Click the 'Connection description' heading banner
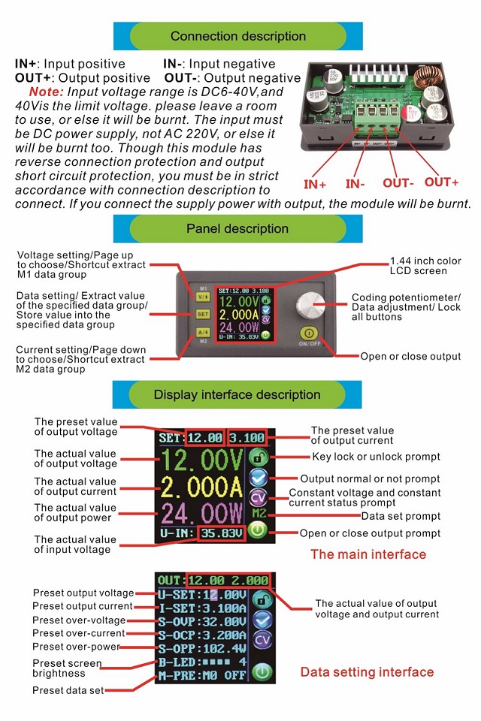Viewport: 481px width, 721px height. (238, 36)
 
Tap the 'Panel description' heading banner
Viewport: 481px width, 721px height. (237, 228)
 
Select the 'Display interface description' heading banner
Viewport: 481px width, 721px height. (237, 394)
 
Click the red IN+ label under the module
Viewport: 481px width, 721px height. (315, 184)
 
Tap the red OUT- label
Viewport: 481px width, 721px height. (398, 183)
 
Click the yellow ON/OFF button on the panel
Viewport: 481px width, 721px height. (307, 333)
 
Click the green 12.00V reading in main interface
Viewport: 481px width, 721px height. (201, 460)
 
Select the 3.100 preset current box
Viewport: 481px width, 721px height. (247, 438)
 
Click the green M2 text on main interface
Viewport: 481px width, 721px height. (259, 514)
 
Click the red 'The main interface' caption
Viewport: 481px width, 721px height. (368, 555)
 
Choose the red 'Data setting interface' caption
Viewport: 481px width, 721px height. (367, 672)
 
